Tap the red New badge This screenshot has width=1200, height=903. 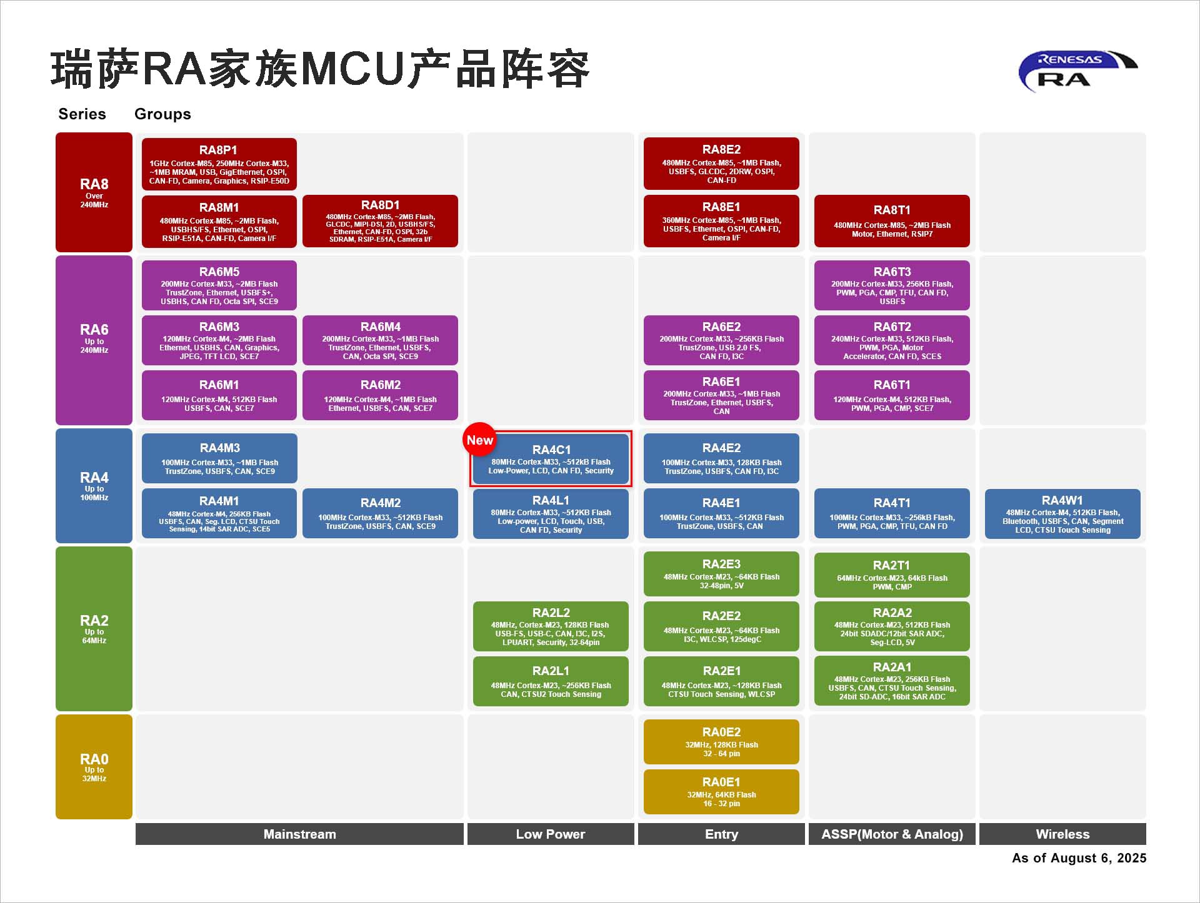tap(479, 440)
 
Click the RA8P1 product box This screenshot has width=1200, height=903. tap(219, 164)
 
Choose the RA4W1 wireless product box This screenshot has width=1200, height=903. tap(1062, 514)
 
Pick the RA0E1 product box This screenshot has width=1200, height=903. tap(721, 792)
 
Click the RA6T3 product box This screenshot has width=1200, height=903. tap(892, 285)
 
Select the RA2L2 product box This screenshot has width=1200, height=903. tap(551, 626)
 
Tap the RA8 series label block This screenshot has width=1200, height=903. tap(94, 192)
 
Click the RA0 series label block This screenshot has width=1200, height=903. tap(94, 767)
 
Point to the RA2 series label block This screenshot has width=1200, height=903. tap(94, 628)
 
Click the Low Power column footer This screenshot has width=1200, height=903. tap(551, 834)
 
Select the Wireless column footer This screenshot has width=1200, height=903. tap(1062, 834)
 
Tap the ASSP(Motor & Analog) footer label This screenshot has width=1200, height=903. tap(892, 834)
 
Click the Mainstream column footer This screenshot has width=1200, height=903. tap(299, 834)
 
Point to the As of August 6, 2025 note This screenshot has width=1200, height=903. tap(1079, 858)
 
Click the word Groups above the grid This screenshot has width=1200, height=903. tap(162, 114)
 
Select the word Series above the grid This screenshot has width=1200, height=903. tap(82, 114)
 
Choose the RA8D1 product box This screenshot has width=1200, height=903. tap(380, 221)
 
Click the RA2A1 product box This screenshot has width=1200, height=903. tap(892, 681)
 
